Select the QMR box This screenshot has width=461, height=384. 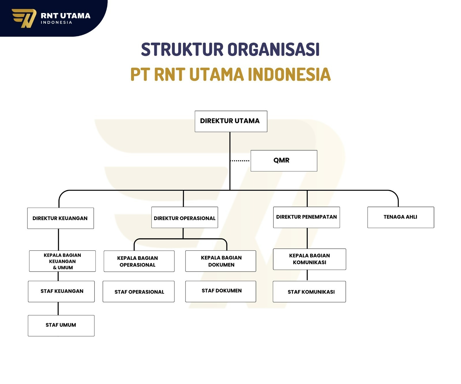(284, 160)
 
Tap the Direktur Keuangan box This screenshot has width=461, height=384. (61, 218)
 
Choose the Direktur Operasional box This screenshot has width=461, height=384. (184, 217)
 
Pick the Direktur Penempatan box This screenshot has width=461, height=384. (306, 217)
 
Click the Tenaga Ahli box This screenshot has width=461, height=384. (400, 217)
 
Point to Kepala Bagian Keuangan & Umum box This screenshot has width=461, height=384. (62, 261)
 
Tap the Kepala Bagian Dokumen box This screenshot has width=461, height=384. (220, 261)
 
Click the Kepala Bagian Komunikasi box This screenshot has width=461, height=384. (309, 259)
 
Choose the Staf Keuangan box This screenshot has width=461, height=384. (61, 291)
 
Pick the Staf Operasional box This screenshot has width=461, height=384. (139, 292)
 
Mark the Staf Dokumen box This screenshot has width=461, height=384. (220, 291)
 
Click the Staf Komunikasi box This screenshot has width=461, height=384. (309, 292)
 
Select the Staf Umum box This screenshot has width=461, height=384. (61, 326)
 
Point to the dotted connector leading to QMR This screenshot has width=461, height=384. (240, 161)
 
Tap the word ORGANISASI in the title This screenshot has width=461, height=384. (274, 50)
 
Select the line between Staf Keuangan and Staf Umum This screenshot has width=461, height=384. (58, 309)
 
